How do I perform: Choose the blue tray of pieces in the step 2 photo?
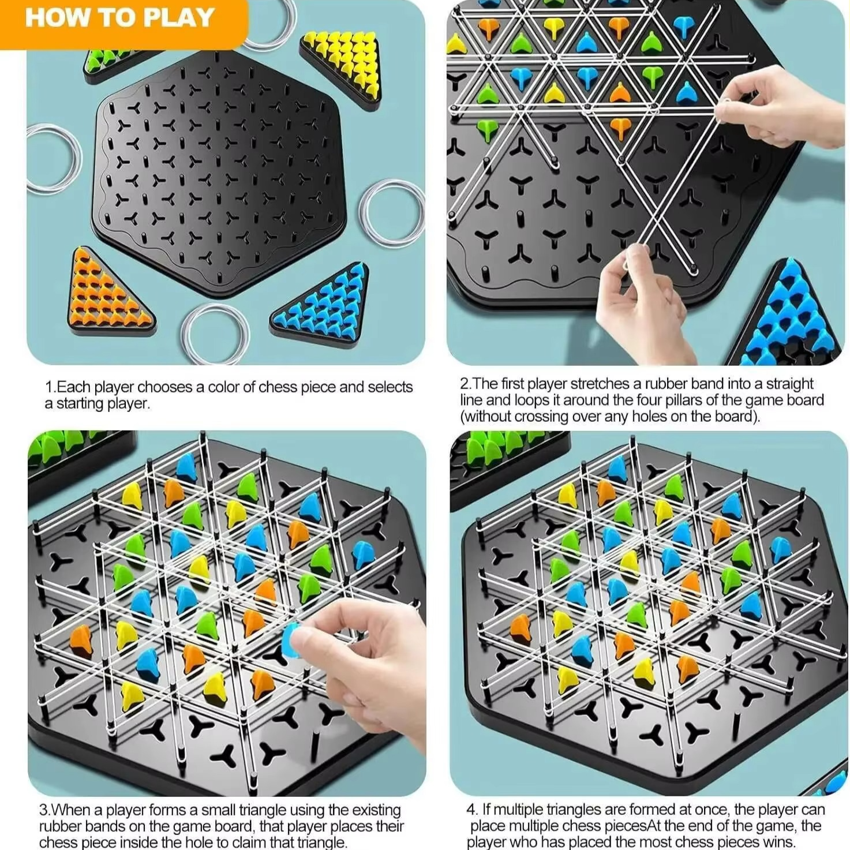click(x=791, y=317)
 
